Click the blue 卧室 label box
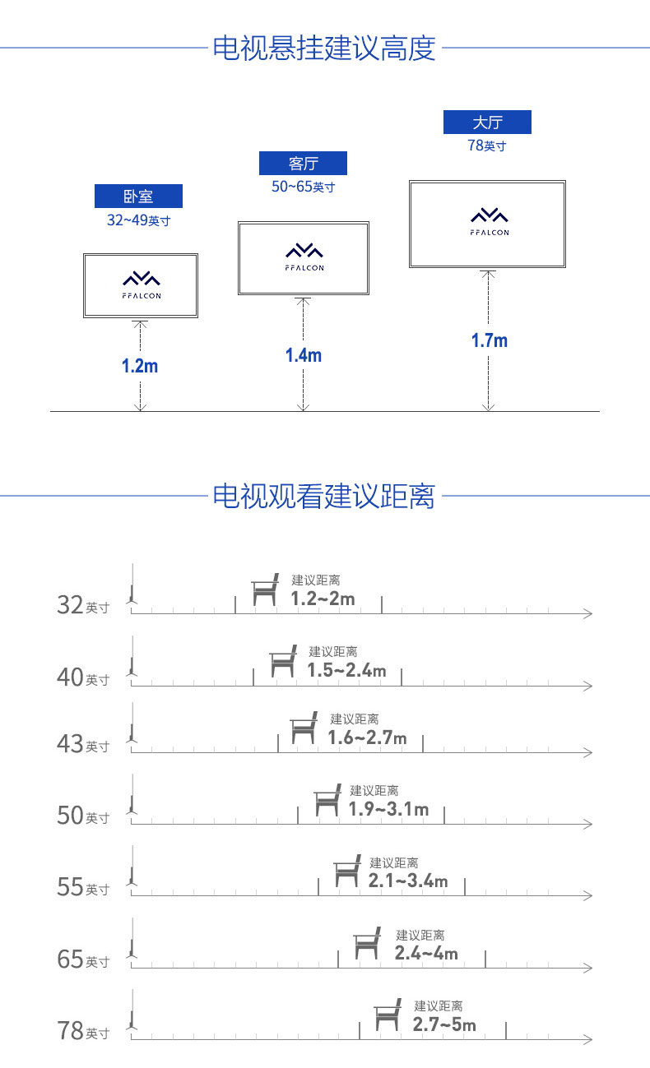(138, 196)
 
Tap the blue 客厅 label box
(303, 163)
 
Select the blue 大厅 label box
(487, 122)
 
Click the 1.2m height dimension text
(140, 366)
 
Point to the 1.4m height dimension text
(304, 355)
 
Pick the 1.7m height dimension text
(490, 340)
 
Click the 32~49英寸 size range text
(138, 220)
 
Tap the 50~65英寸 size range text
(303, 187)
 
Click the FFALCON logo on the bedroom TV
(142, 285)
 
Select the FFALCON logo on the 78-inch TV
(490, 222)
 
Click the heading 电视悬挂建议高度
(324, 48)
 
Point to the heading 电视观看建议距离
(324, 496)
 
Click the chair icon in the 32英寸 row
(265, 589)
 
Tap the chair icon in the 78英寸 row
(387, 1015)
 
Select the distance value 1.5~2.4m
(346, 670)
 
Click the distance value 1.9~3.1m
(388, 809)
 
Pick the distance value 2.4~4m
(426, 953)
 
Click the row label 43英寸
(83, 744)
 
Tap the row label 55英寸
(83, 887)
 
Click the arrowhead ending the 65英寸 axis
(588, 968)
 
